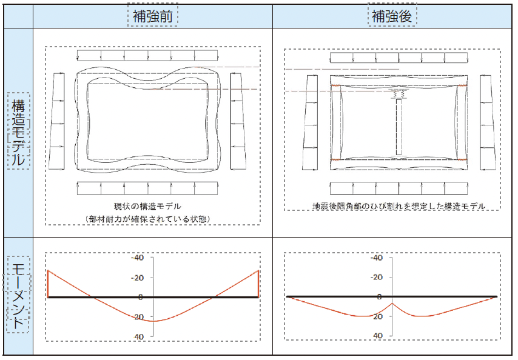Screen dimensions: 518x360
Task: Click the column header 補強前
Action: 153,16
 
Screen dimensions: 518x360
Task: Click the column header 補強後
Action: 392,16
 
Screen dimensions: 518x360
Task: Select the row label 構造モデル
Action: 18,132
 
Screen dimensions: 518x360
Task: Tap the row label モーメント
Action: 18,295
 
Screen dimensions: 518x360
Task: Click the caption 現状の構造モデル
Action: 147,207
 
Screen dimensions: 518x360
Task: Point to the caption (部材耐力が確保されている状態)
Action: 147,219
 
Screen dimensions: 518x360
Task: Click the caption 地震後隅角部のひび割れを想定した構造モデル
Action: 399,206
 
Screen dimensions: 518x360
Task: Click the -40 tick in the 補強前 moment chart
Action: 138,258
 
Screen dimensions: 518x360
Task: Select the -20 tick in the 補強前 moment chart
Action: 138,278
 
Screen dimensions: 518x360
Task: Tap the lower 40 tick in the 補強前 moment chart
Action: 139,336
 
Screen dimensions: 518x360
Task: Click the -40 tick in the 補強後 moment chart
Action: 376,258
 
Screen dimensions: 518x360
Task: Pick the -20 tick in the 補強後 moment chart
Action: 376,277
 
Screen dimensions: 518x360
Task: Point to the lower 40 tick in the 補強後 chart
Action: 378,336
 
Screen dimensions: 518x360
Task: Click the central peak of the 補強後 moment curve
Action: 392,303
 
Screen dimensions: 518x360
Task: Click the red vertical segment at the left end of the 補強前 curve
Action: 48,284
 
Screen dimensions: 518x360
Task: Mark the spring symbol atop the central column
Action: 399,94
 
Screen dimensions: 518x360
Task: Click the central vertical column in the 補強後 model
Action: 399,127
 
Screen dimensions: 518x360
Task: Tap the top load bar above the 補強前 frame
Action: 147,56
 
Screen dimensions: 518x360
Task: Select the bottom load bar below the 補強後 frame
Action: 399,188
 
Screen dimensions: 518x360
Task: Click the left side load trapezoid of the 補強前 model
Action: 57,121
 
